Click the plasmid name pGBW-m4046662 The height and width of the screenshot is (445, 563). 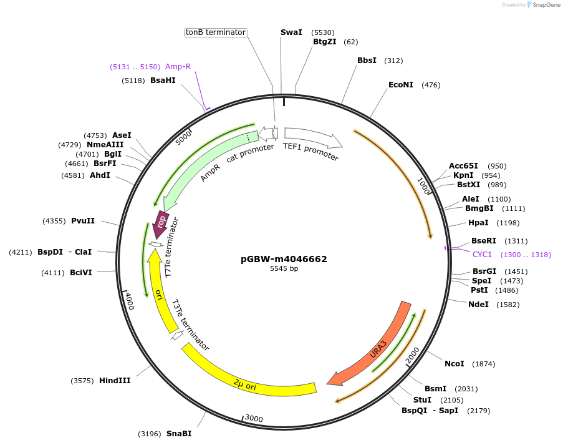[x=284, y=259]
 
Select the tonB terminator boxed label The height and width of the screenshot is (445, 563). [x=216, y=32]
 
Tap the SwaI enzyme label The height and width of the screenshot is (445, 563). [x=291, y=32]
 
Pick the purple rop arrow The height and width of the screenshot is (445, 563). [x=161, y=223]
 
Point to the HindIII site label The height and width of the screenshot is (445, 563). [x=115, y=380]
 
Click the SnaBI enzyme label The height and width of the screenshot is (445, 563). [x=179, y=433]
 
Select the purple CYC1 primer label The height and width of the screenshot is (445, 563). [x=482, y=255]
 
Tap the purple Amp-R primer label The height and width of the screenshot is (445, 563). [x=178, y=67]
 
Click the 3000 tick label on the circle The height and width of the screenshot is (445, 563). [x=254, y=418]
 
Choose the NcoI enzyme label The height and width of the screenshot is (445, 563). [x=455, y=363]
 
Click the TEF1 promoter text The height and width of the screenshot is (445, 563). [x=310, y=152]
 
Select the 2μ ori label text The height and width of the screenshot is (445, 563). [x=244, y=383]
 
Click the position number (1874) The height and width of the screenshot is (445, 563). [x=484, y=363]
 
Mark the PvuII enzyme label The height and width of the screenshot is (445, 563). [x=83, y=221]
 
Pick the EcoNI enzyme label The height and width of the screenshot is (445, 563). [x=401, y=85]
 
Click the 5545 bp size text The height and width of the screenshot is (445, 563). [x=284, y=269]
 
